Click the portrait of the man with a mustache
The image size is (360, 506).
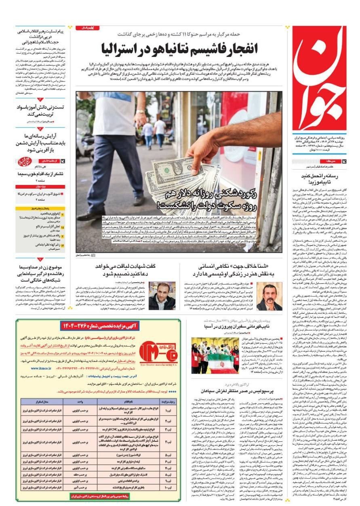269,296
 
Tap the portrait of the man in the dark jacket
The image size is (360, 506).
162,296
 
